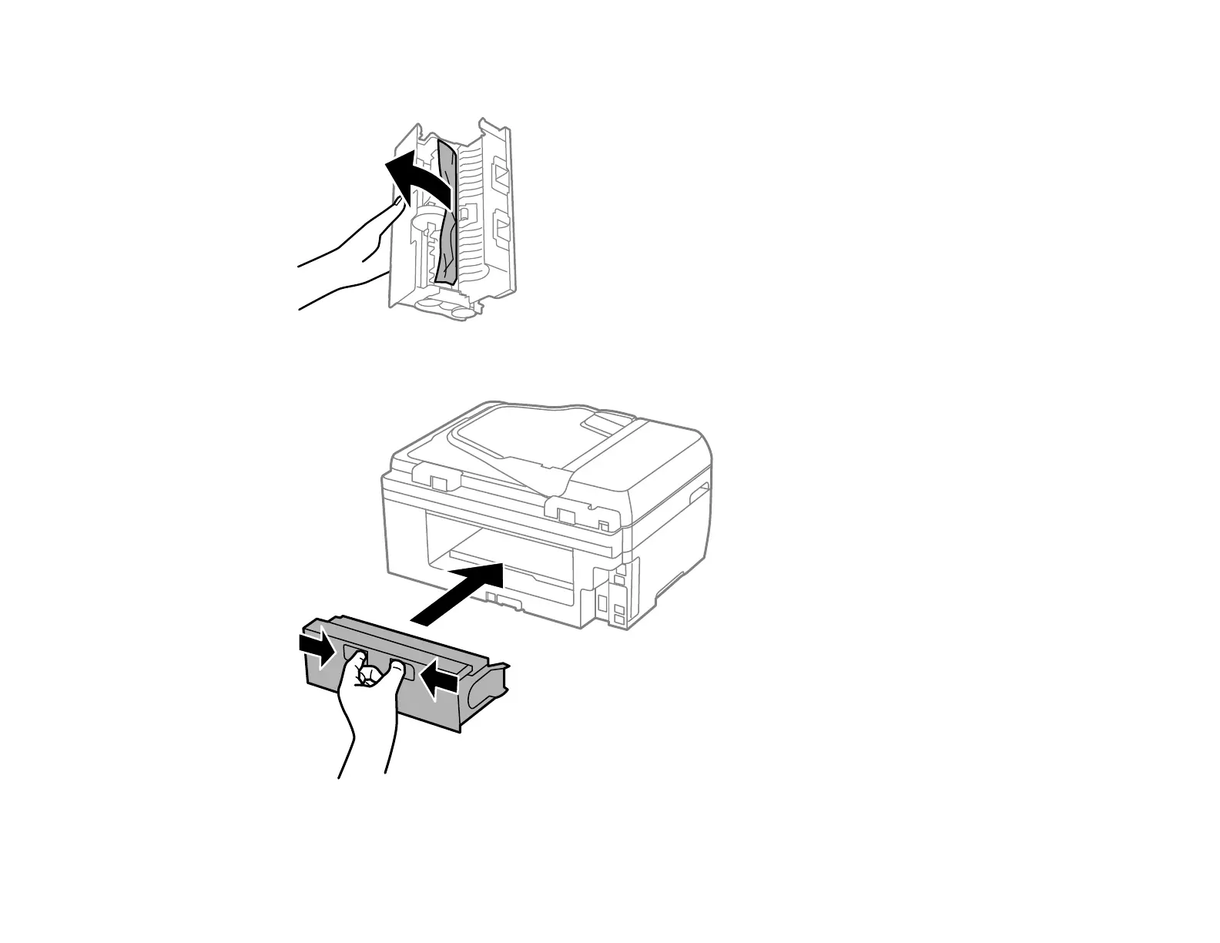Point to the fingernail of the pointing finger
pyautogui.click(x=397, y=202)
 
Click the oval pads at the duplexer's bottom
pyautogui.click(x=443, y=308)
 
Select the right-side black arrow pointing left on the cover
pyautogui.click(x=437, y=678)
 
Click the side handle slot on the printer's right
pyautogui.click(x=699, y=494)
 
